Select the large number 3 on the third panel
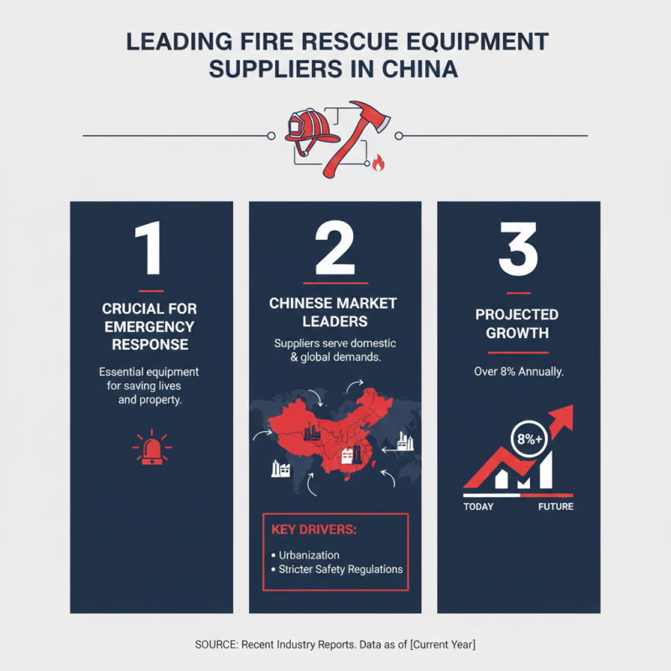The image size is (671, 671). click(x=518, y=249)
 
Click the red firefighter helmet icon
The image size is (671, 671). click(x=309, y=127)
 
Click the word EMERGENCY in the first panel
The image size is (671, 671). click(x=151, y=326)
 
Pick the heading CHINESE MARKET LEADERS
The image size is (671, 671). click(x=334, y=312)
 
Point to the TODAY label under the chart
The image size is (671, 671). click(x=479, y=507)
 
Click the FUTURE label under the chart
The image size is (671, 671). click(x=555, y=507)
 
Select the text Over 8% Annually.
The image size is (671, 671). click(x=518, y=370)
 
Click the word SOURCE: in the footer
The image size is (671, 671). click(x=216, y=644)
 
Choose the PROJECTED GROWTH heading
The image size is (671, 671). click(x=518, y=324)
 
